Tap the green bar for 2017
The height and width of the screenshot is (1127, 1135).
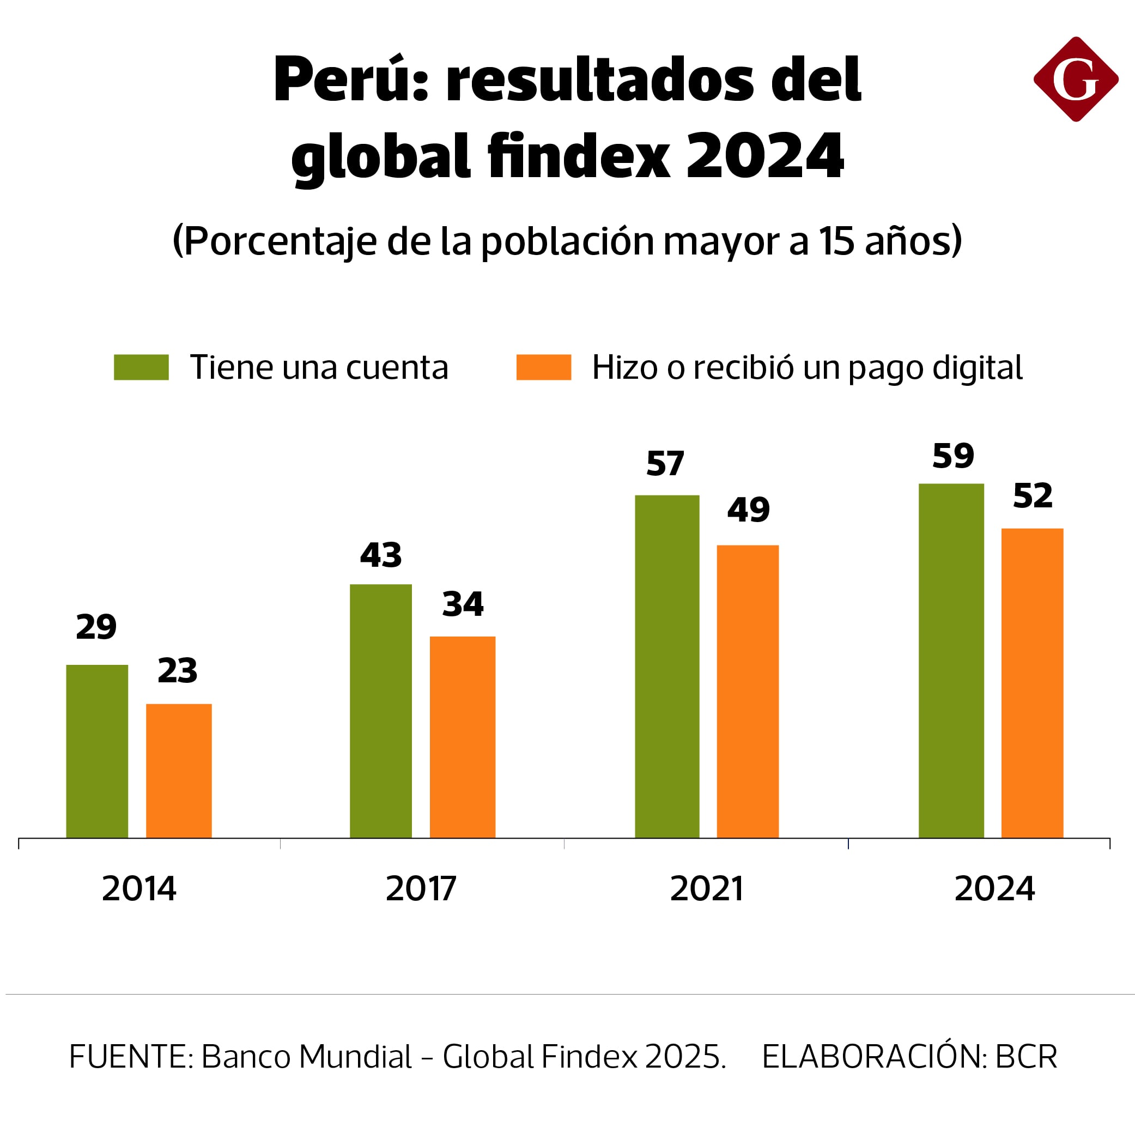tap(381, 711)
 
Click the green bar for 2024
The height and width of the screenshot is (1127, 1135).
tap(951, 661)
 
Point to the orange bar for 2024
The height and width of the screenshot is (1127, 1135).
tap(1032, 683)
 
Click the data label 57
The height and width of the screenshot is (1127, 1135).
tap(665, 464)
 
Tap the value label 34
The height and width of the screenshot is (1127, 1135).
tap(463, 604)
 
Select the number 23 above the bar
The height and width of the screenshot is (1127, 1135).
tap(178, 670)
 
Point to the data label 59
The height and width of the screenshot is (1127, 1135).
tap(953, 456)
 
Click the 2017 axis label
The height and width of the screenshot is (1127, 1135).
tap(421, 888)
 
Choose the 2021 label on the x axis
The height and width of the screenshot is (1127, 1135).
tap(706, 888)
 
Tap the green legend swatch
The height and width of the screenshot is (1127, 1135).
tap(141, 367)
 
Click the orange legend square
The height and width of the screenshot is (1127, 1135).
tap(543, 367)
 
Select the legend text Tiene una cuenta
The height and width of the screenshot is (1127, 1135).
tap(319, 368)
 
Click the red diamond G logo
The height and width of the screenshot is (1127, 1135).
tap(1076, 80)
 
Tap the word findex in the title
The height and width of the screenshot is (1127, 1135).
tap(578, 156)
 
